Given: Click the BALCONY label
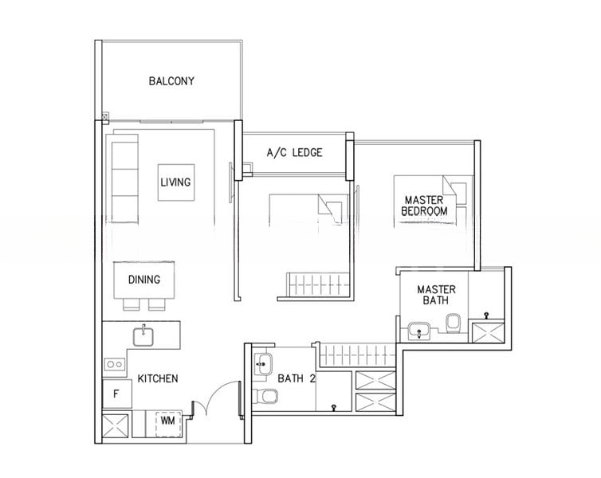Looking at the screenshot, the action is tap(171, 81).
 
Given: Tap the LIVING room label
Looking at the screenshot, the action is tap(175, 182).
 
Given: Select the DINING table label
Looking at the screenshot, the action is tap(144, 280).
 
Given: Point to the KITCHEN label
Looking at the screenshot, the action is tap(158, 378).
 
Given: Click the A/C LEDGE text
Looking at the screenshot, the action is tap(294, 153).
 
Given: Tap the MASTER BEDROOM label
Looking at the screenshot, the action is tap(424, 206).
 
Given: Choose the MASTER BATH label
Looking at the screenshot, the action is tap(436, 295).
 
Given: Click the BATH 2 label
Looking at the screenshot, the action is tap(297, 378).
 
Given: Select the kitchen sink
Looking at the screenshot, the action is tap(143, 336).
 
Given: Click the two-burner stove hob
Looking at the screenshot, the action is tap(115, 364).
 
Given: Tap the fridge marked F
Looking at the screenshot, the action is tap(117, 394).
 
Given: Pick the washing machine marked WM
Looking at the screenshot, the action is tap(167, 421).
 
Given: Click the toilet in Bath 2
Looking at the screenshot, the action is tap(265, 396).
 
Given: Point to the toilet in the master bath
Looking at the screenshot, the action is tap(453, 323).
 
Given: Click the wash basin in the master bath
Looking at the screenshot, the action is tap(419, 331).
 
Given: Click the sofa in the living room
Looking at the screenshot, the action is tap(124, 178).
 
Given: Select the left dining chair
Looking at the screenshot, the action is tap(132, 304).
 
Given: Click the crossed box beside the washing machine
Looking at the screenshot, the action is tap(116, 425).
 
